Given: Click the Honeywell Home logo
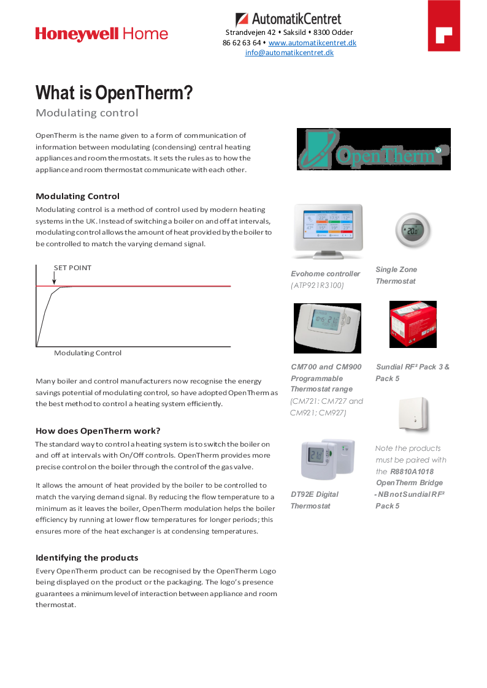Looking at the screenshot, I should [101, 34].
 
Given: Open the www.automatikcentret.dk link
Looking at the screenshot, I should [312, 43].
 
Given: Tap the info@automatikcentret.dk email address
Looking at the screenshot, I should [290, 53].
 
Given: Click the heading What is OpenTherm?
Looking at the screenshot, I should [114, 93].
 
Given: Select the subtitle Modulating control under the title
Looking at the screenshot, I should [87, 113].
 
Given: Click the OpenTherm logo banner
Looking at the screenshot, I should [374, 149].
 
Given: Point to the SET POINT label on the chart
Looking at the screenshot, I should [72, 268].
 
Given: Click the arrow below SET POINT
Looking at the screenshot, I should [54, 279].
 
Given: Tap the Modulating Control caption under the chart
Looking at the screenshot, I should [88, 353].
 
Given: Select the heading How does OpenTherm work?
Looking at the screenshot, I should [98, 431].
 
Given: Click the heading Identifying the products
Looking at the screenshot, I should [87, 558].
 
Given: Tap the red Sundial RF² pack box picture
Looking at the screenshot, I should [413, 324].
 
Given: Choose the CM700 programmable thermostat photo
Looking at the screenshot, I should [327, 328].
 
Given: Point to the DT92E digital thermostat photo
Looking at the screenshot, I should [328, 459].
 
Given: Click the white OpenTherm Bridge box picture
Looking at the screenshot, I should [413, 415].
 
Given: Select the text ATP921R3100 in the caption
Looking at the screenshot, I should [318, 285].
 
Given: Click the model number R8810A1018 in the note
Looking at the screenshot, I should [412, 472].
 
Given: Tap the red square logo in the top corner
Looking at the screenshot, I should [443, 26].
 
